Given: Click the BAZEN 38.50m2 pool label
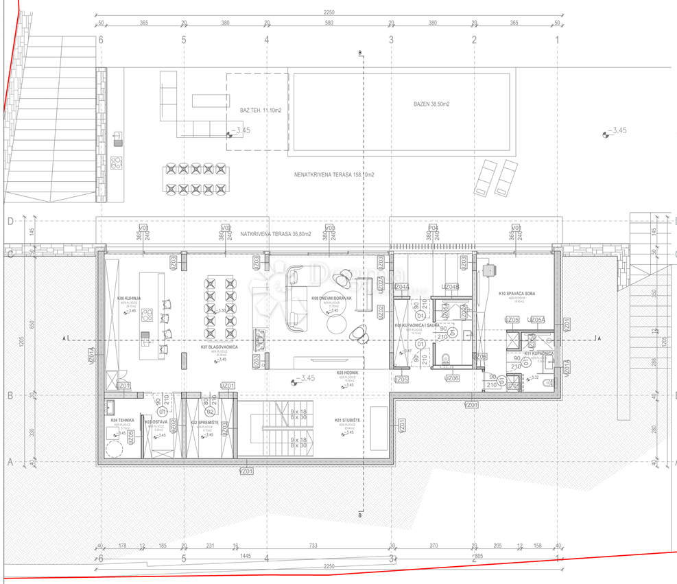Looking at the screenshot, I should click(x=431, y=104).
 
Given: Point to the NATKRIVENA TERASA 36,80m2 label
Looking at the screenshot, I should click(x=275, y=234).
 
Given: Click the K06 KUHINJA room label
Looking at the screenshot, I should click(x=128, y=299).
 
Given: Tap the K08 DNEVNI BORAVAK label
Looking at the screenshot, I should click(x=331, y=299).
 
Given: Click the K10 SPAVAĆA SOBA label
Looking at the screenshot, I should click(x=516, y=294).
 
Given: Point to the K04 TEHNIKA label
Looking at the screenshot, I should click(x=122, y=420).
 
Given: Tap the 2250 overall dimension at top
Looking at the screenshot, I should click(x=329, y=12).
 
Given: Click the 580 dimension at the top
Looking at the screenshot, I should click(x=329, y=23).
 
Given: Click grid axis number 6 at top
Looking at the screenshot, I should click(x=101, y=40).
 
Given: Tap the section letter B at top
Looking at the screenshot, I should click(x=360, y=52).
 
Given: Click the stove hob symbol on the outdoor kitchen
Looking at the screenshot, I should click(x=116, y=163).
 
